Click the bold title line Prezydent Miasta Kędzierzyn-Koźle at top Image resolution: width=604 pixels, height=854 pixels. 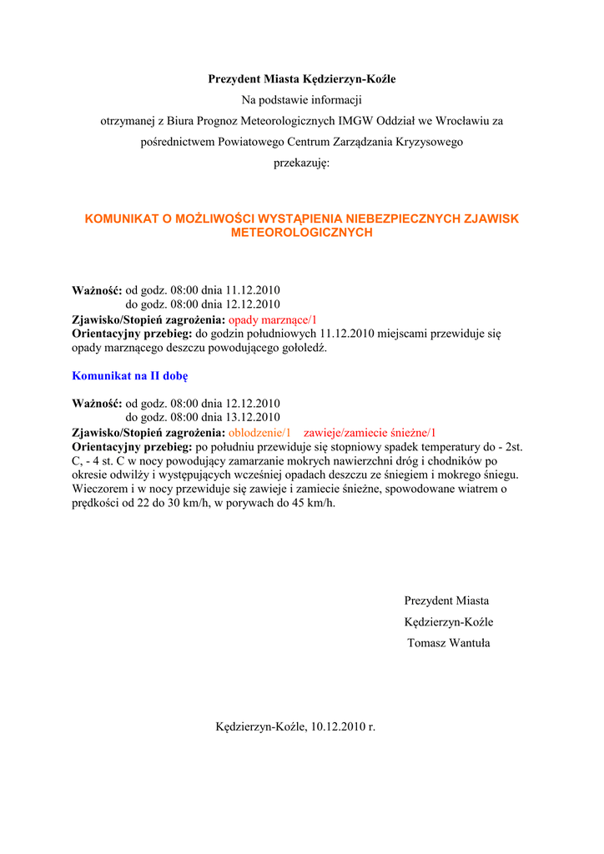point(301,79)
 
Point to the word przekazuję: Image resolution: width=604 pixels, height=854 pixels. point(301,163)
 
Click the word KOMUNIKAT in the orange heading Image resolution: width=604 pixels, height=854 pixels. point(123,219)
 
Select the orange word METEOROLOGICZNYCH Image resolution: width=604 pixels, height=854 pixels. point(301,233)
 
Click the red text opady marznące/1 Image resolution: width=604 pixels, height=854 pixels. point(273,319)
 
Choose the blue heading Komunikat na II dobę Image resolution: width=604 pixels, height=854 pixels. point(129,375)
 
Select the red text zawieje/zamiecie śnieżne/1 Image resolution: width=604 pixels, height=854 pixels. point(370,432)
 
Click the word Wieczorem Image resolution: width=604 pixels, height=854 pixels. point(99,489)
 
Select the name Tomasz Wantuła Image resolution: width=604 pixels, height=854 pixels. point(448,642)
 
